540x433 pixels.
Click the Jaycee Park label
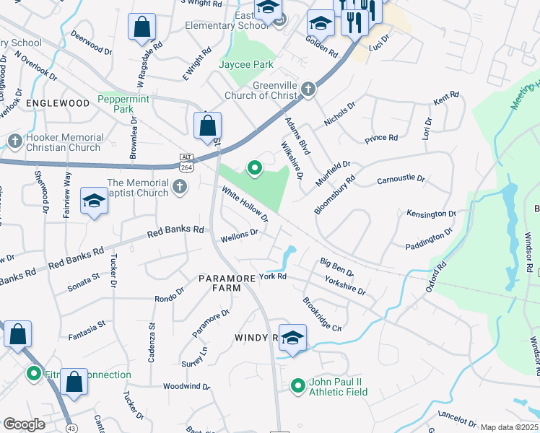coord(246,64)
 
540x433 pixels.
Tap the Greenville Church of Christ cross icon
coord(308,89)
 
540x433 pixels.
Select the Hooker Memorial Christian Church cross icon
coord(14,140)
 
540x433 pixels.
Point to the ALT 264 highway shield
coord(186,162)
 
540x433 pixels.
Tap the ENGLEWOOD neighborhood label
coord(57,103)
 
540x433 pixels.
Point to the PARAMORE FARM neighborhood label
coord(227,283)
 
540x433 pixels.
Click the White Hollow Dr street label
coord(245,204)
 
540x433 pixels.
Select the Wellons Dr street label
coord(239,235)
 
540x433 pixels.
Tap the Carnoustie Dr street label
coord(401,178)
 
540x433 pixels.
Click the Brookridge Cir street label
coord(321,314)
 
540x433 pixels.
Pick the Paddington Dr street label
coord(428,237)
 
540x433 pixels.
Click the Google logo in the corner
coord(24,424)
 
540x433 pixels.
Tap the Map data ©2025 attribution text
coord(509,427)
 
